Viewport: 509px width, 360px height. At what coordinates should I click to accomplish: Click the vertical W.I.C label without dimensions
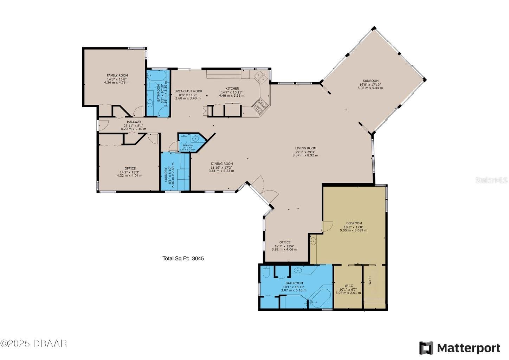[x=370, y=280]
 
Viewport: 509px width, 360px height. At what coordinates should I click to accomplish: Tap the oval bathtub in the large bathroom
[x=320, y=299]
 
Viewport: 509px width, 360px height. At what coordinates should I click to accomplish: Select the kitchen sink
[x=262, y=76]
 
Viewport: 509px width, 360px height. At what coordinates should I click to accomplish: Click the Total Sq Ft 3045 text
[x=183, y=258]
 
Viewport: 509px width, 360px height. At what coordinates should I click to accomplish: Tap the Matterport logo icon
[x=426, y=348]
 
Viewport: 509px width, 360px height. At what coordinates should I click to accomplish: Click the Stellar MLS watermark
[x=491, y=180]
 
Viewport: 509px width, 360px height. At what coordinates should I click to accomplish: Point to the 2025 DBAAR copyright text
[x=34, y=343]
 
